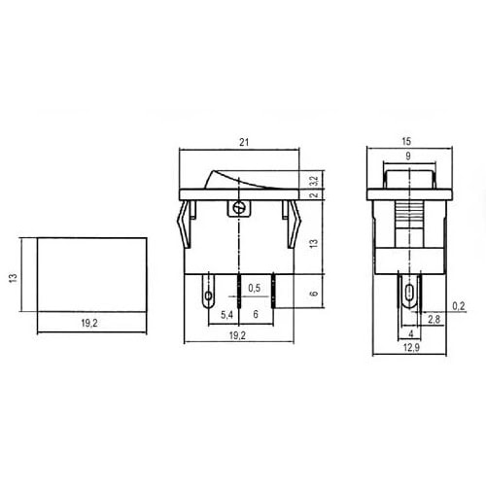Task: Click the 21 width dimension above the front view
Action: (x=241, y=143)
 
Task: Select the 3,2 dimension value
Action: (x=313, y=179)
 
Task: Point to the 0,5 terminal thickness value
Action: (x=255, y=289)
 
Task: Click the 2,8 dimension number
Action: (x=434, y=318)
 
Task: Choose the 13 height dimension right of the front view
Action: (x=313, y=244)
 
